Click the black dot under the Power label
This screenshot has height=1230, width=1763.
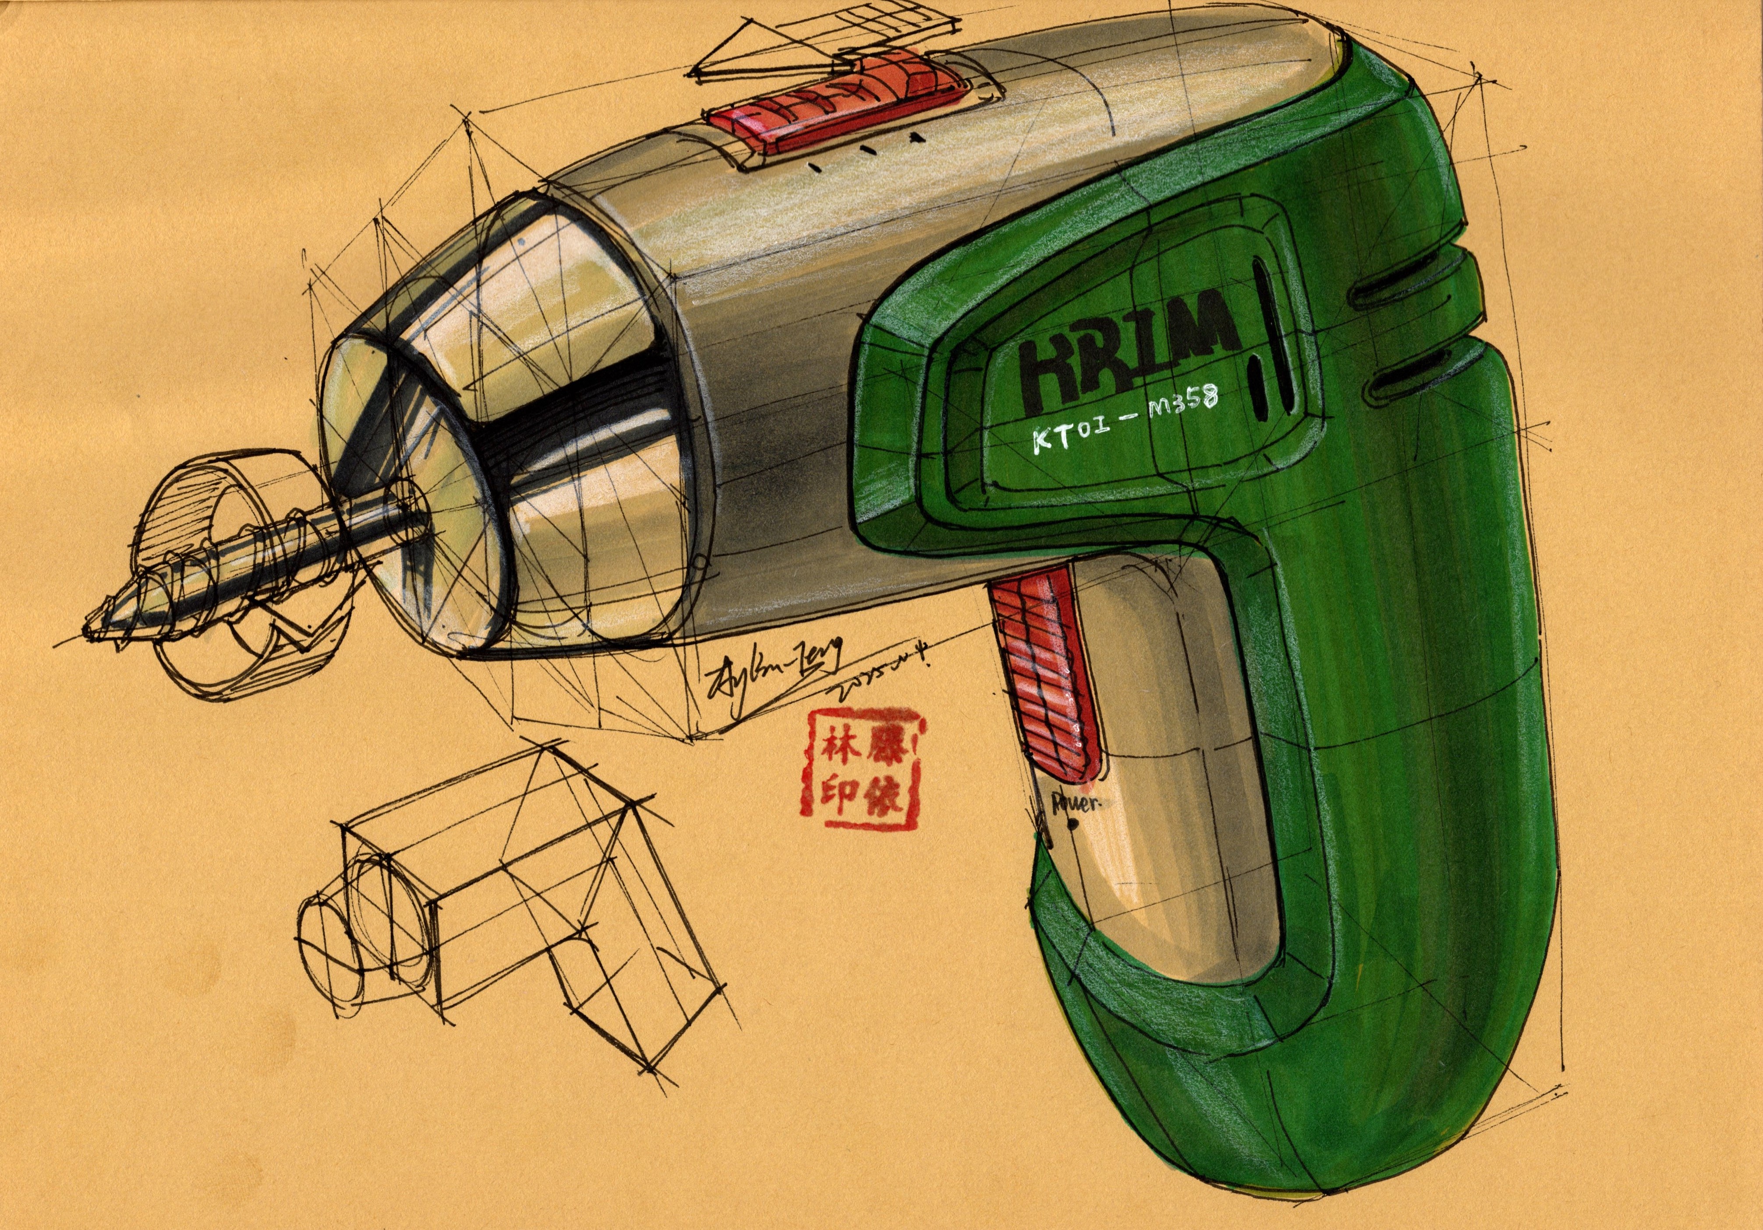coord(1073,825)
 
